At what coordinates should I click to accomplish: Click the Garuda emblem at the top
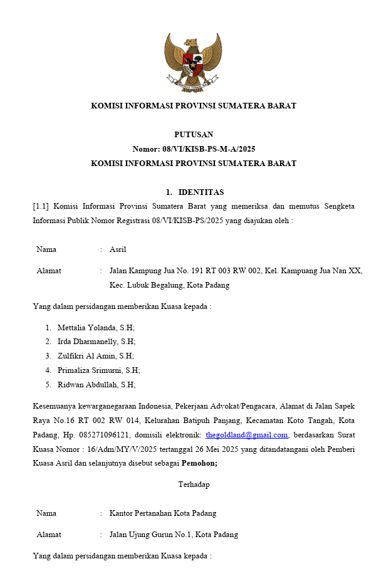(x=193, y=61)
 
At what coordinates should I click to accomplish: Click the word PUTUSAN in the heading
(x=194, y=135)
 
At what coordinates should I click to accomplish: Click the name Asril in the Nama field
(x=118, y=249)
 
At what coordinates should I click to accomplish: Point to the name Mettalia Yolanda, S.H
(x=96, y=328)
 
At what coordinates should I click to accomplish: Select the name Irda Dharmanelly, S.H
(x=96, y=342)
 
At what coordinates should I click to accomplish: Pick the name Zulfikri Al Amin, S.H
(x=95, y=356)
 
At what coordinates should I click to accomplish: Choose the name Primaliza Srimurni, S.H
(x=98, y=370)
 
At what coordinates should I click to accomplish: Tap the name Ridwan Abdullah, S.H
(x=96, y=385)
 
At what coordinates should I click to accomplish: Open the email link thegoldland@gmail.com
(x=247, y=435)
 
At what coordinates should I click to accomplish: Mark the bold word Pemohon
(x=199, y=464)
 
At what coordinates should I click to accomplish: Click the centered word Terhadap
(x=194, y=484)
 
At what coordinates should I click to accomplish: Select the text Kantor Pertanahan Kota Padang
(x=163, y=513)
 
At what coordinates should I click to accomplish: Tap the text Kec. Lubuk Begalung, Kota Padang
(x=169, y=285)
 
